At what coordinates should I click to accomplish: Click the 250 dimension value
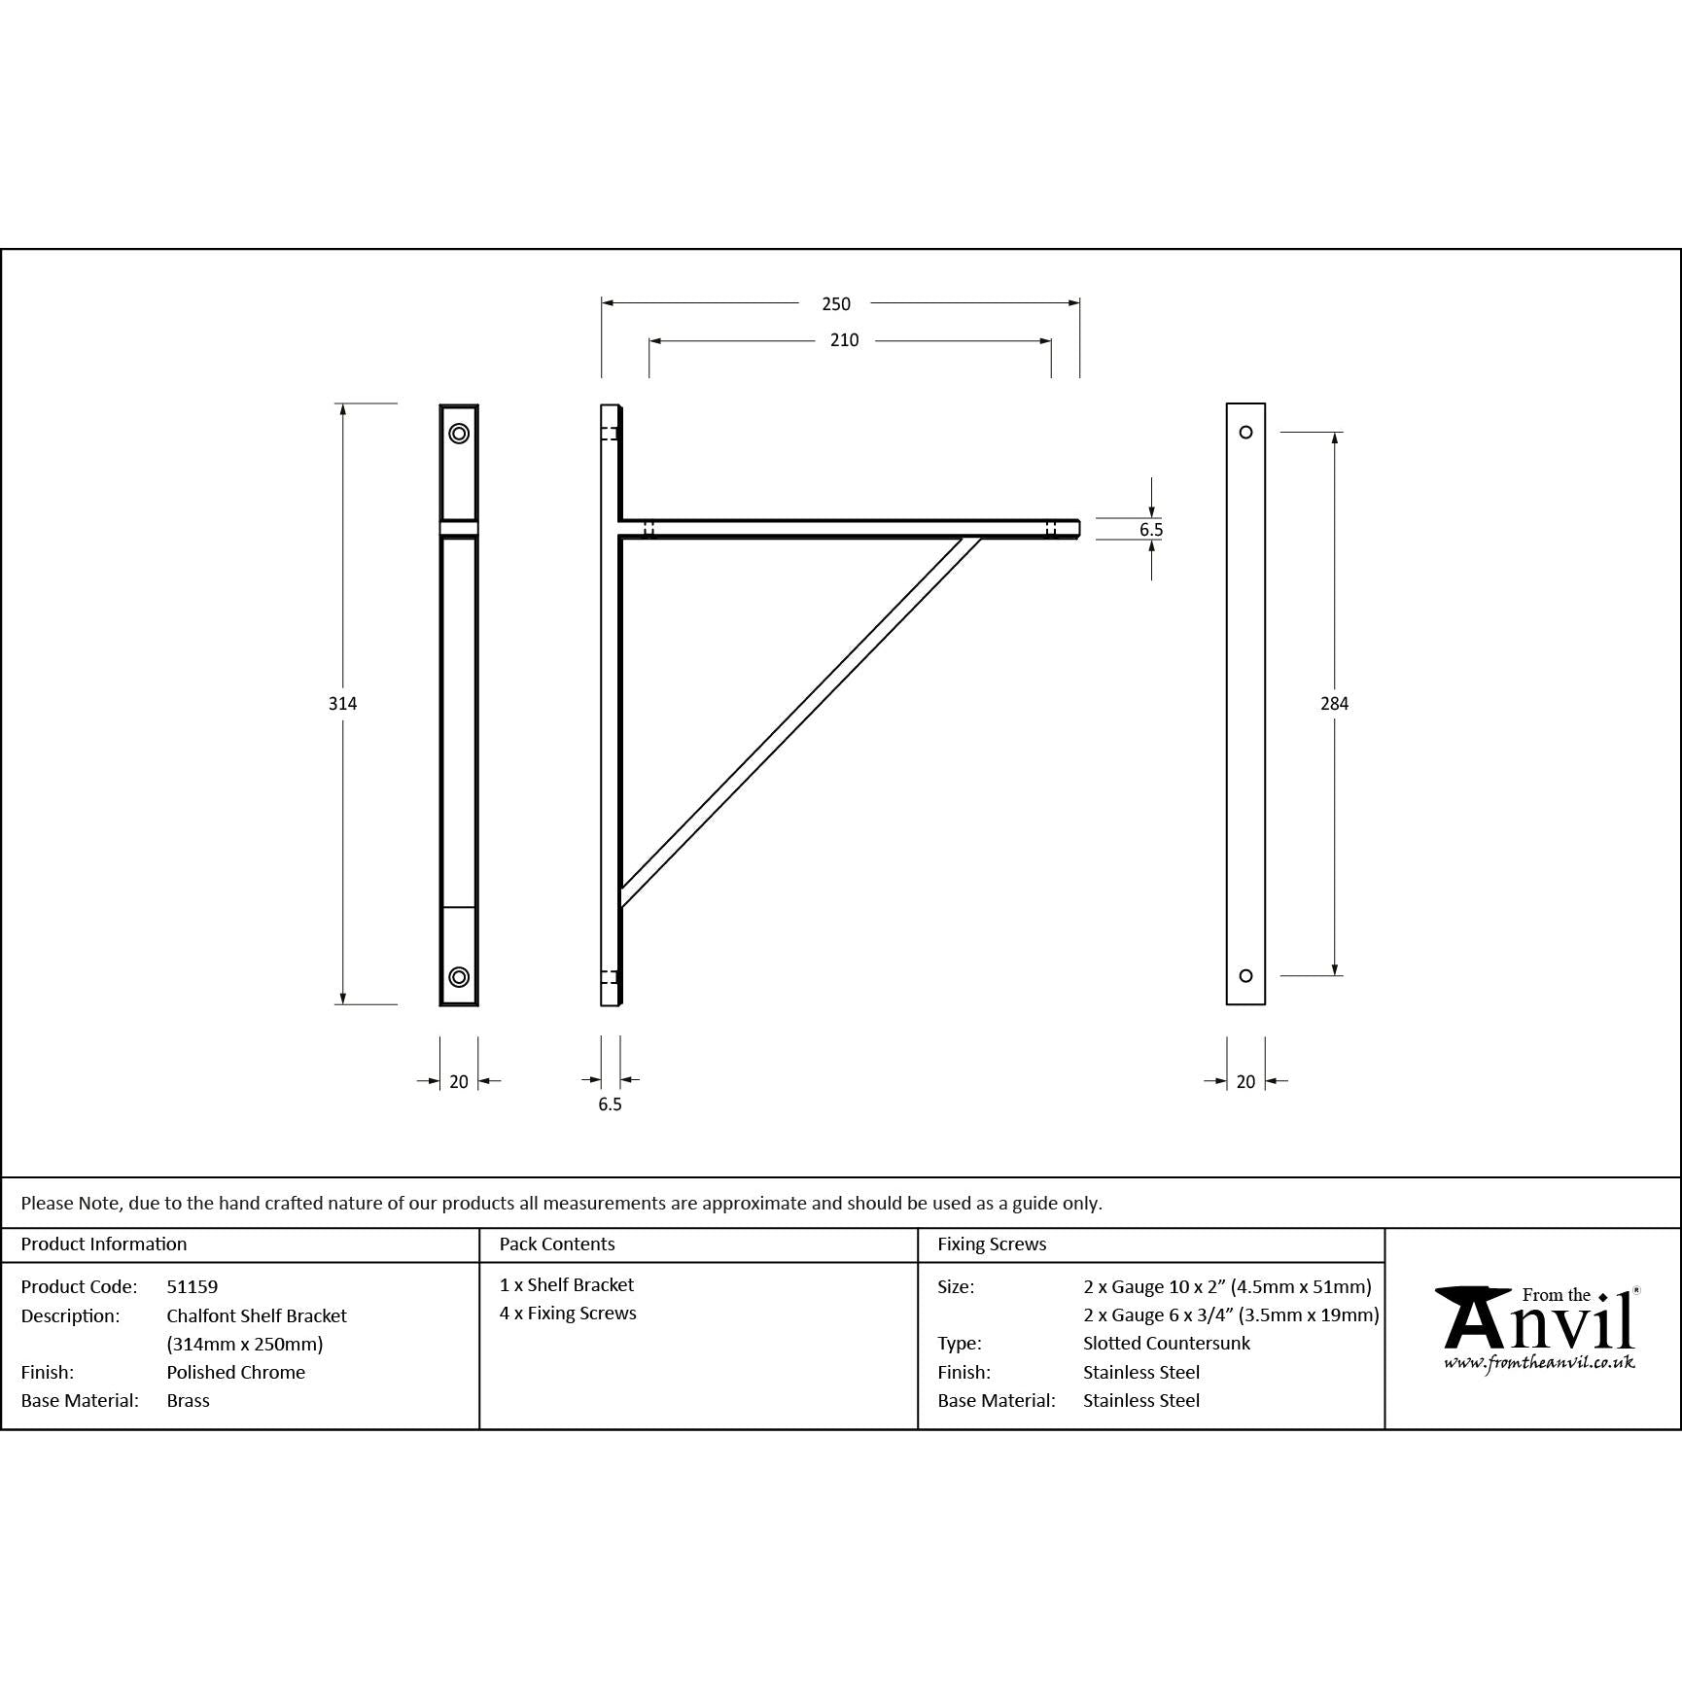tap(835, 304)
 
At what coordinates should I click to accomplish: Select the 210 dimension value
tap(844, 340)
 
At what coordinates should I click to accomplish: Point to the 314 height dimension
tap(342, 704)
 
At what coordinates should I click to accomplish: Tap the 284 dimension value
tap(1334, 704)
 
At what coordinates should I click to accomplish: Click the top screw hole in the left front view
tap(459, 434)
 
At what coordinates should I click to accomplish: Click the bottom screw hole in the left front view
tap(459, 977)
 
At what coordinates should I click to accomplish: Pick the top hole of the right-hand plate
tap(1245, 433)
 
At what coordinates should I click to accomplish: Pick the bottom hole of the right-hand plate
tap(1245, 976)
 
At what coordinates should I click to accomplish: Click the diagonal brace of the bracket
tap(797, 719)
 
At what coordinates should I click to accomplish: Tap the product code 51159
tap(192, 1286)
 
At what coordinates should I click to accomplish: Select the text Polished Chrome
tap(235, 1372)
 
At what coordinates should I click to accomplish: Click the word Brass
tap(188, 1400)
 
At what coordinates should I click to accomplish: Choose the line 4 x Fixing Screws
tap(568, 1314)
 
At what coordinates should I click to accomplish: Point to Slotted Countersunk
tap(1167, 1343)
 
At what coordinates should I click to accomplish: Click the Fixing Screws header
tap(992, 1244)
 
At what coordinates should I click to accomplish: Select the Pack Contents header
tap(557, 1244)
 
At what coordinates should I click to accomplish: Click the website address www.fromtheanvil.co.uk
tap(1538, 1363)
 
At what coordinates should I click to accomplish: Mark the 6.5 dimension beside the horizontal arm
tap(1151, 530)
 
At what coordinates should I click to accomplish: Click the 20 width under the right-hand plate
tap(1245, 1081)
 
